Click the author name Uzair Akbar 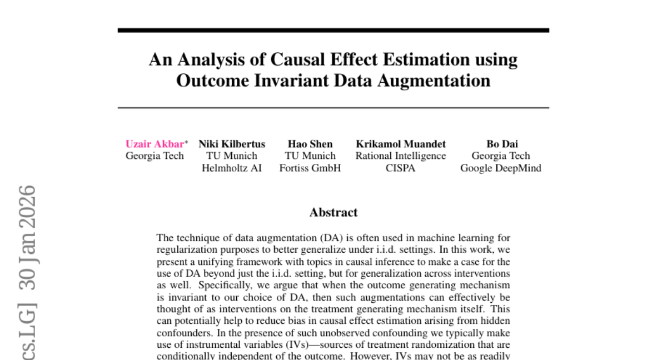tap(153, 144)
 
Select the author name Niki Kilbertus tap(232, 144)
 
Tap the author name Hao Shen tap(310, 144)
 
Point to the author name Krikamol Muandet tap(401, 144)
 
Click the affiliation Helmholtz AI tap(232, 168)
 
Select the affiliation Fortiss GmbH tap(310, 168)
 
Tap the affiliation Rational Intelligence tap(401, 156)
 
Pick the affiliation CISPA tap(401, 168)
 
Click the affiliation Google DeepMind tap(501, 168)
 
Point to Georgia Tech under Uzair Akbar tap(155, 156)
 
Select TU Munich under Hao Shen tap(310, 156)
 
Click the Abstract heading tap(333, 212)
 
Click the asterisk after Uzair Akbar tap(186, 142)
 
